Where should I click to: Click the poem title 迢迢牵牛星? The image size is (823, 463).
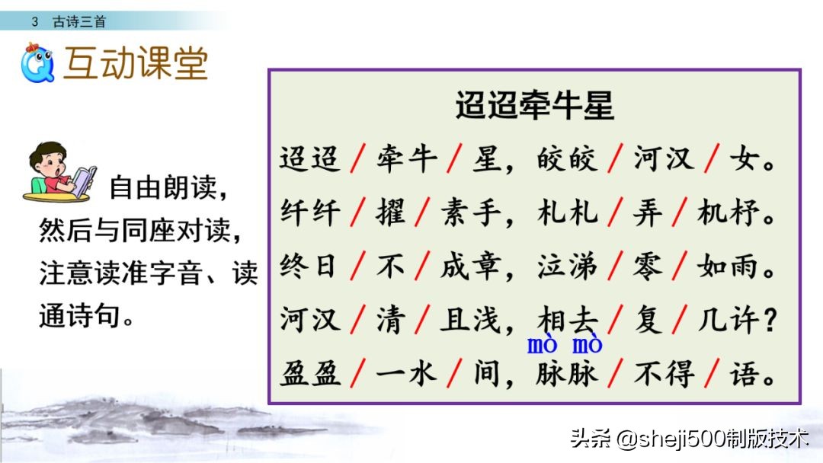click(x=533, y=106)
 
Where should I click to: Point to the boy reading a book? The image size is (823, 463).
click(x=58, y=172)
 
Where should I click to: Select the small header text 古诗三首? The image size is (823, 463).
click(x=79, y=22)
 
